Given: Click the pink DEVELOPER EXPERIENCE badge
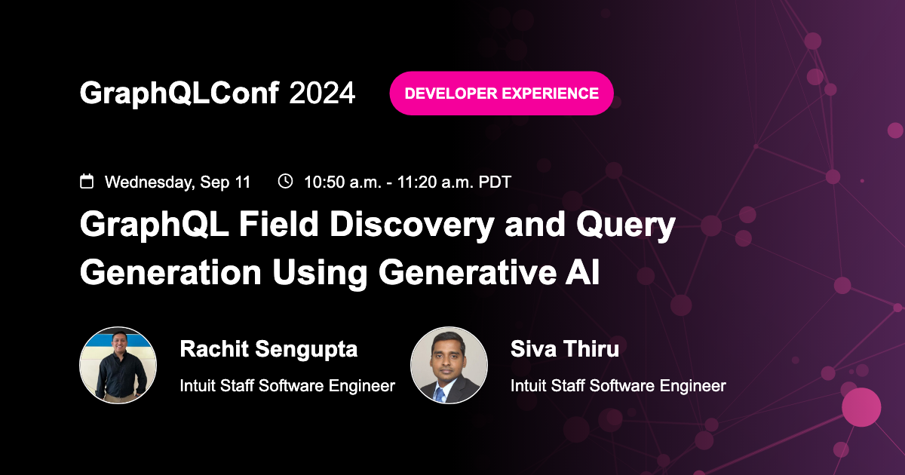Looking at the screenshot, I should (x=502, y=93).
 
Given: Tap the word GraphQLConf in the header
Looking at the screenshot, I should (x=179, y=93).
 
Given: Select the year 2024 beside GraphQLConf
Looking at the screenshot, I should (x=322, y=93).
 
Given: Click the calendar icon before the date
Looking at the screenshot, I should (x=87, y=182).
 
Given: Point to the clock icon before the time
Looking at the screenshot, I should (x=285, y=182).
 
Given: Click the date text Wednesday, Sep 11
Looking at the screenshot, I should (x=177, y=182).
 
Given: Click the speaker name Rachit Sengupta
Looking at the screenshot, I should (x=268, y=349).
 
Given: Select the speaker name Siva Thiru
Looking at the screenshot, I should (x=565, y=349).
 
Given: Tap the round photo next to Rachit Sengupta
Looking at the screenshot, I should (x=118, y=365).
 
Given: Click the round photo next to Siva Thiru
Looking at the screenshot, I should (x=449, y=365).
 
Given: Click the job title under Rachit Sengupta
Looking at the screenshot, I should (x=287, y=386).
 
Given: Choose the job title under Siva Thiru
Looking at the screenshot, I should (x=618, y=386).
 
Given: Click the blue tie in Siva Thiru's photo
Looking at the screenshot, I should (x=440, y=393).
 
